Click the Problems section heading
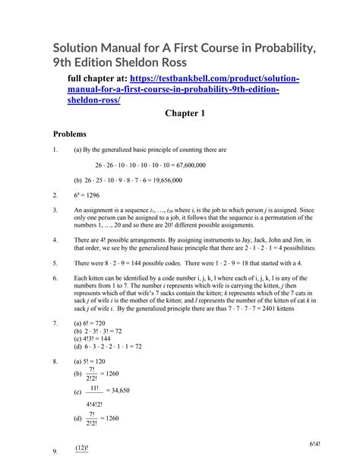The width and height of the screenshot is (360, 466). (70, 134)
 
